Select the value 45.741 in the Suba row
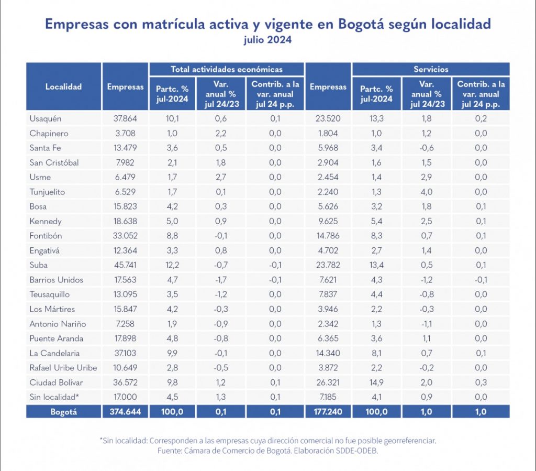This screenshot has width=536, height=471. click(125, 265)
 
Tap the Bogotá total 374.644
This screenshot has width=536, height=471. click(125, 412)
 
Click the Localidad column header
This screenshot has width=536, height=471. click(63, 87)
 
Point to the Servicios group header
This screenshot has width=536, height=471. click(431, 69)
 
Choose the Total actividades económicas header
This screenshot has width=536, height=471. click(227, 69)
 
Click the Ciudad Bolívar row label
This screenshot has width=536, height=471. click(56, 382)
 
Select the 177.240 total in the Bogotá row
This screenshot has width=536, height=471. click(328, 412)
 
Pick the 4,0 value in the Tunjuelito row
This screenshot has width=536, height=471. click(427, 192)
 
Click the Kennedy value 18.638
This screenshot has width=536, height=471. click(125, 221)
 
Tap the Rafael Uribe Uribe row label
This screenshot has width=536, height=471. click(63, 368)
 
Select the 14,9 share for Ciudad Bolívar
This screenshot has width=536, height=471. click(377, 382)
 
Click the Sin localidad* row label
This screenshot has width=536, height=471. click(54, 397)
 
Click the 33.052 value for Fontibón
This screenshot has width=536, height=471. click(125, 236)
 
